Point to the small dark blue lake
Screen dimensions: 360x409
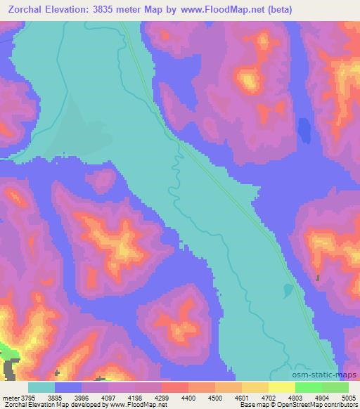coord(304,131)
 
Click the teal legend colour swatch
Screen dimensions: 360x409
coord(41,387)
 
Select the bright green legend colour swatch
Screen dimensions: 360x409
coord(308,387)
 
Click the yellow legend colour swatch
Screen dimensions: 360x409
coord(281,387)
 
